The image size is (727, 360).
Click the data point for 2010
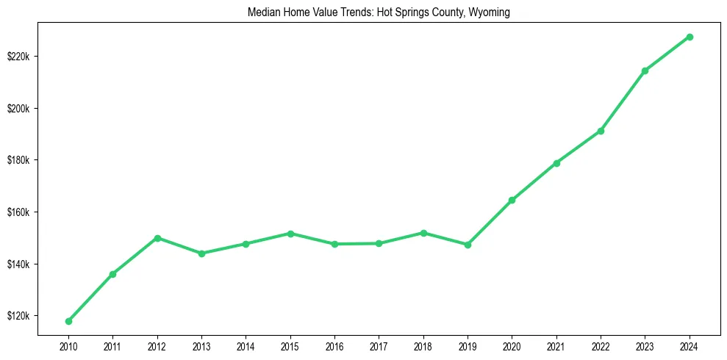click(x=68, y=321)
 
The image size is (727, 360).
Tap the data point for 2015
click(x=290, y=234)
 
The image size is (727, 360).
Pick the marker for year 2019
click(x=468, y=245)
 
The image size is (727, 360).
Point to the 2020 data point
click(x=512, y=200)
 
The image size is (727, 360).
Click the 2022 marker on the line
click(x=601, y=131)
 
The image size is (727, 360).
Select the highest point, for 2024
click(x=690, y=37)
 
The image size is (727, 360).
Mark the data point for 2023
click(x=645, y=71)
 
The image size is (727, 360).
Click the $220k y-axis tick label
click(x=18, y=57)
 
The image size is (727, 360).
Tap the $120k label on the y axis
click(x=18, y=316)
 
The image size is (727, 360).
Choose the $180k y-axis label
click(x=18, y=160)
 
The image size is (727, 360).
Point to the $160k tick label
click(x=18, y=212)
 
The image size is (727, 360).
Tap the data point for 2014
click(x=246, y=244)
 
